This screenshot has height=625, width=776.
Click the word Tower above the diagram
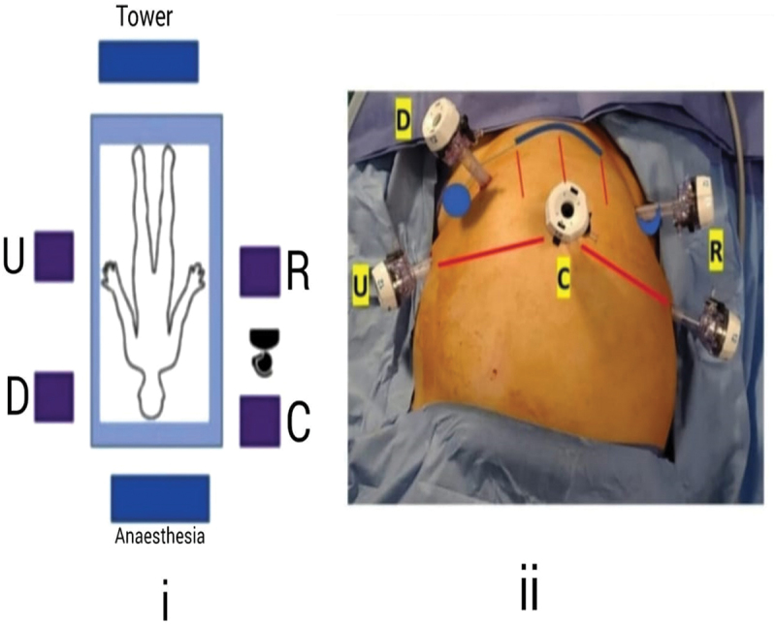(x=146, y=16)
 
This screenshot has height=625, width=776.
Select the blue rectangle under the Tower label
(x=148, y=61)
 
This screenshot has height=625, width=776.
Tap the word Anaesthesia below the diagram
(x=160, y=534)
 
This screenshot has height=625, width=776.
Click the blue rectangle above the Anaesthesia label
(x=160, y=498)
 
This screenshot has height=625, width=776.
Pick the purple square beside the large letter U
(x=53, y=257)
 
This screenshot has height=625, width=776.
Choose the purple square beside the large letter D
(x=53, y=397)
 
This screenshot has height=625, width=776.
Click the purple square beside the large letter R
(x=260, y=271)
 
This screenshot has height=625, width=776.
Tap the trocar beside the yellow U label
(x=400, y=279)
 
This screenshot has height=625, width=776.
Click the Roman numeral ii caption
(x=529, y=593)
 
